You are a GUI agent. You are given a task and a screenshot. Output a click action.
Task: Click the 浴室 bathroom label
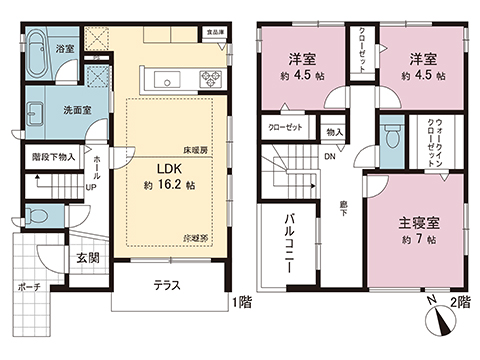65,47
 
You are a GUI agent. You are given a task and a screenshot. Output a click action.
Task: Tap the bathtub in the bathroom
36,55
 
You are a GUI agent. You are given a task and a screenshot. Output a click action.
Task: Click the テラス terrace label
166,286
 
